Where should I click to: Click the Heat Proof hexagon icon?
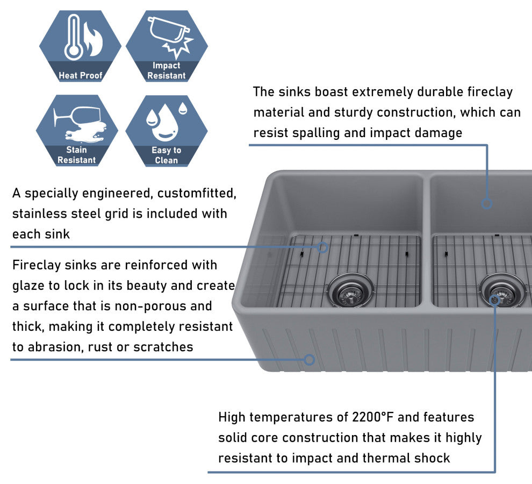[x=81, y=46]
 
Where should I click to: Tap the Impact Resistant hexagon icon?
[x=167, y=46]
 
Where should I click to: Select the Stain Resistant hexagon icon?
[x=77, y=130]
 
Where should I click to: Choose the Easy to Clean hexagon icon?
[x=167, y=130]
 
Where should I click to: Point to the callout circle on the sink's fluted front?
[x=309, y=359]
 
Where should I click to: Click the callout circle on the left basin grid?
[x=322, y=247]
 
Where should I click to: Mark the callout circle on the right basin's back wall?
[x=487, y=204]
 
